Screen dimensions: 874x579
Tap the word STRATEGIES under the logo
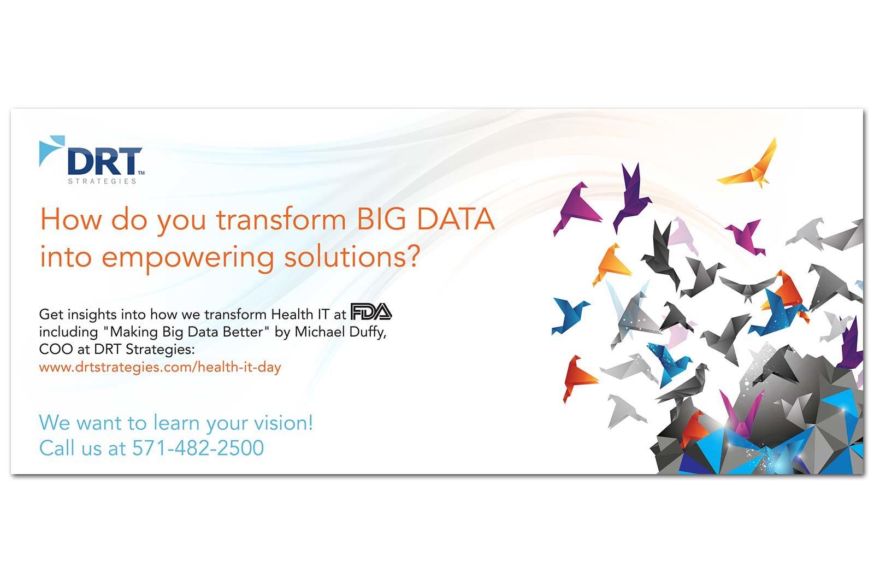pyautogui.click(x=102, y=181)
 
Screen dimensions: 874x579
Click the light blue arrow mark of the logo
pyautogui.click(x=51, y=151)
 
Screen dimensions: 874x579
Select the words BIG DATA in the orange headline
pyautogui.click(x=426, y=219)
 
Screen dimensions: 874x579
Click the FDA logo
pyautogui.click(x=371, y=311)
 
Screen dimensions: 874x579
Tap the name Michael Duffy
pyautogui.click(x=340, y=332)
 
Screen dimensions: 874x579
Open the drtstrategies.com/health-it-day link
pyautogui.click(x=160, y=367)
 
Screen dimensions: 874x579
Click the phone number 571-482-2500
pyautogui.click(x=198, y=447)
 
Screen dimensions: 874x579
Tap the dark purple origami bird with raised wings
pyautogui.click(x=630, y=197)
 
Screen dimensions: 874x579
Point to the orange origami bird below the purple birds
pyautogui.click(x=611, y=264)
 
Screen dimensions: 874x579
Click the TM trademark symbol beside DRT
pyautogui.click(x=141, y=173)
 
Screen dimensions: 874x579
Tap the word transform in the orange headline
pyautogui.click(x=281, y=220)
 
